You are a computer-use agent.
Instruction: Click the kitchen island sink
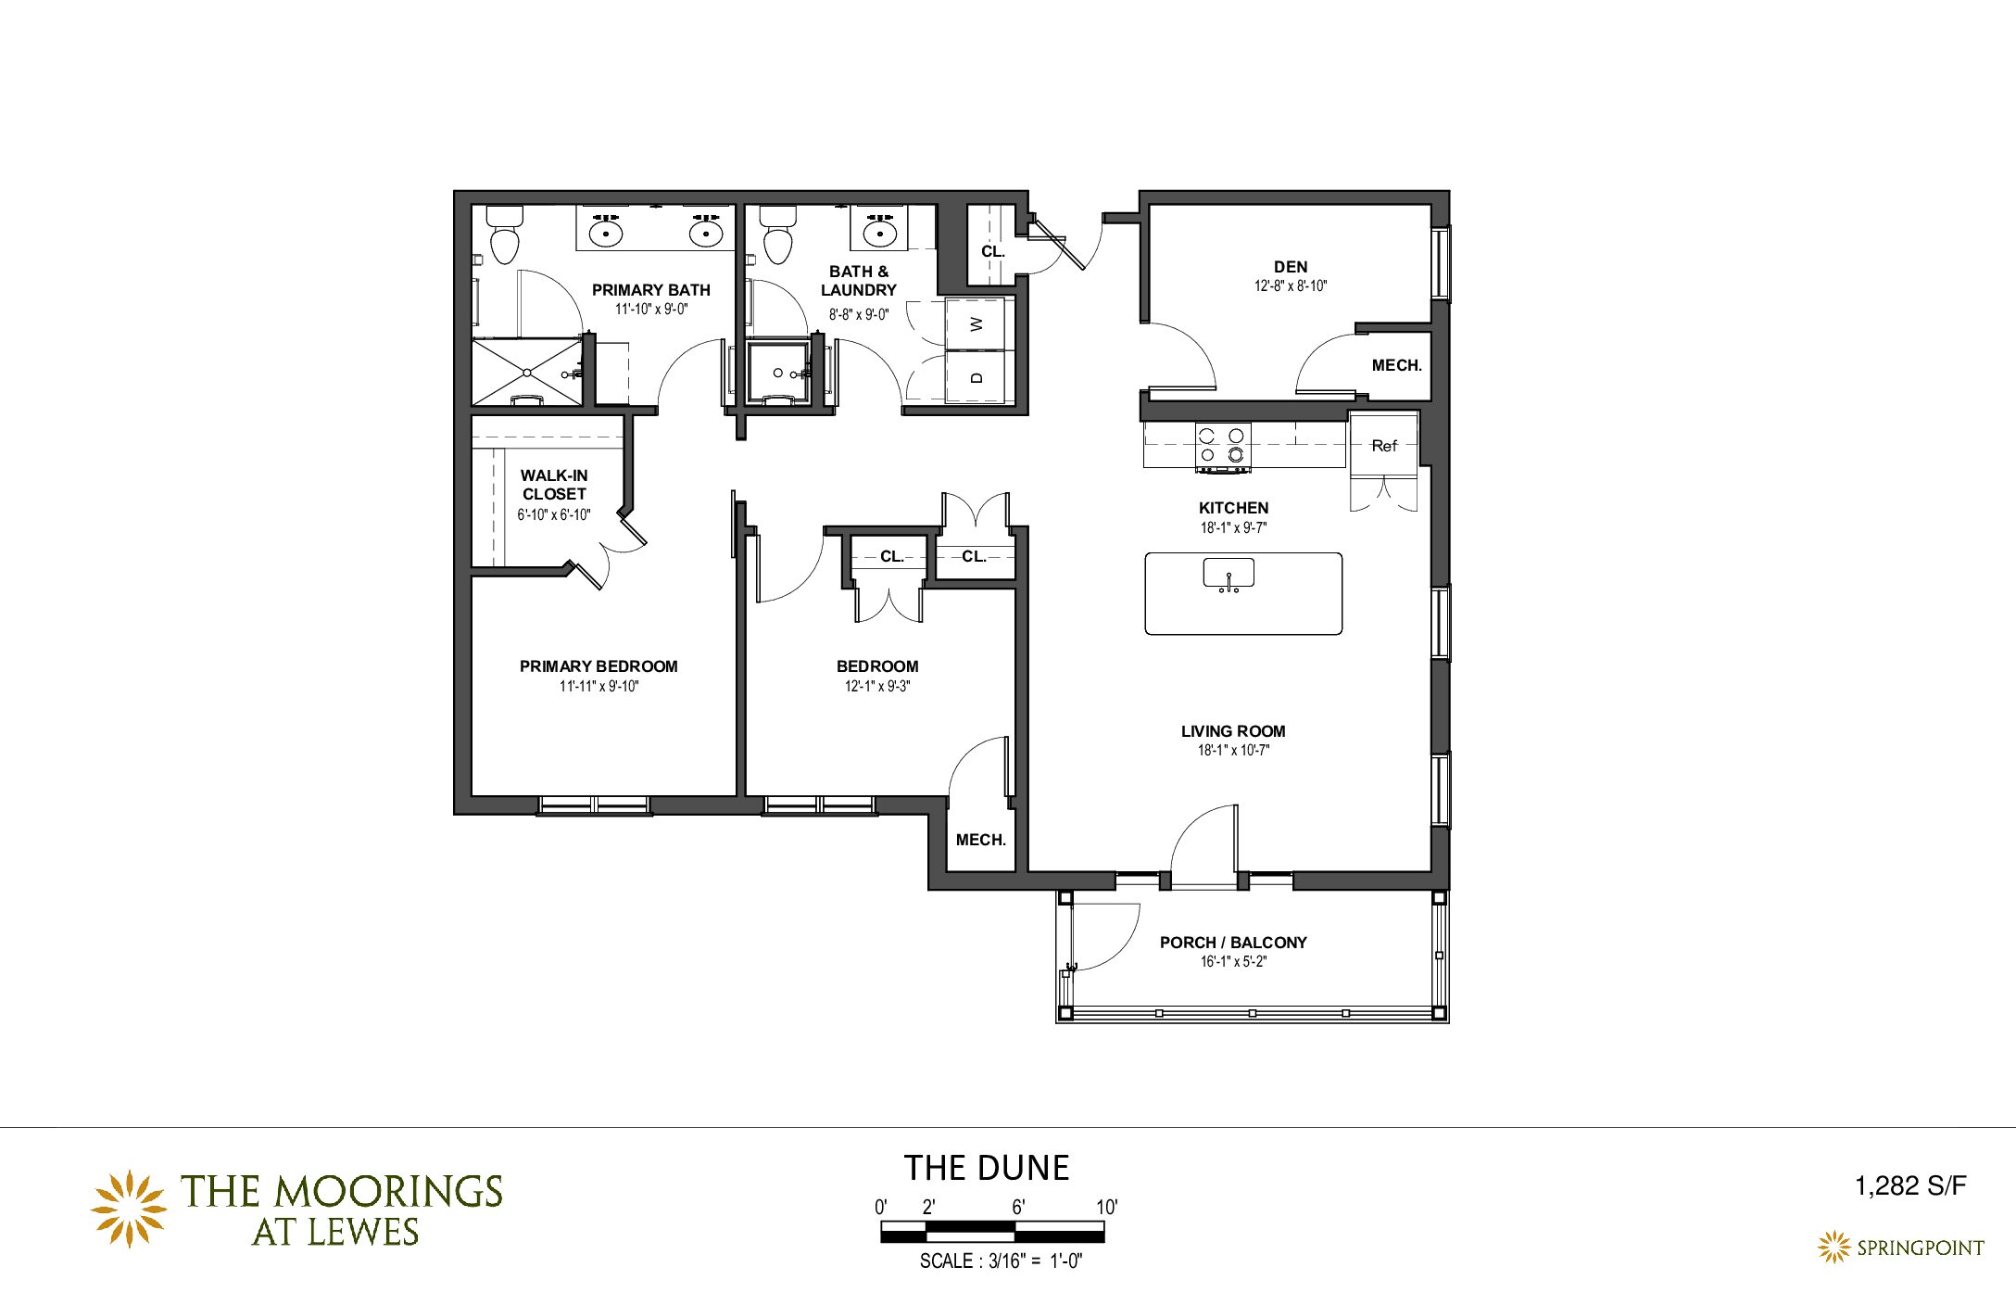coord(1228,574)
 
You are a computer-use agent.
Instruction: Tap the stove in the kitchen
coord(1223,447)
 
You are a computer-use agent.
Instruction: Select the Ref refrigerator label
coord(1384,446)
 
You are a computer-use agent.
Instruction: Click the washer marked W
coord(976,324)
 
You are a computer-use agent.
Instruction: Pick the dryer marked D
coord(976,377)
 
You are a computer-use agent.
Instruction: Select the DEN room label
coord(1291,267)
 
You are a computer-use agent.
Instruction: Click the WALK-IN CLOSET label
coord(554,485)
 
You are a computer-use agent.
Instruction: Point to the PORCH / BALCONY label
coord(1233,943)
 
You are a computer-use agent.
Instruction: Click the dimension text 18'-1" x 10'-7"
coord(1233,751)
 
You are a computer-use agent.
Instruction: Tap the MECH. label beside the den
coord(1397,365)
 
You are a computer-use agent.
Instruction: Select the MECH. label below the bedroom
coord(981,840)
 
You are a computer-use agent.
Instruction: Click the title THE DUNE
coord(987,1168)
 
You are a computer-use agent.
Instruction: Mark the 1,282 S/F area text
coord(1910,1186)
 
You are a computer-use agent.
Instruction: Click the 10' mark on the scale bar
coord(1107,1208)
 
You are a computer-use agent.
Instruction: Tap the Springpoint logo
coord(1900,1248)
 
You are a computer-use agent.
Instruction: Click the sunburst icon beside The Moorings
coord(129,1209)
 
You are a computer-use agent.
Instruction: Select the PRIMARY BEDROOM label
coord(598,666)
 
